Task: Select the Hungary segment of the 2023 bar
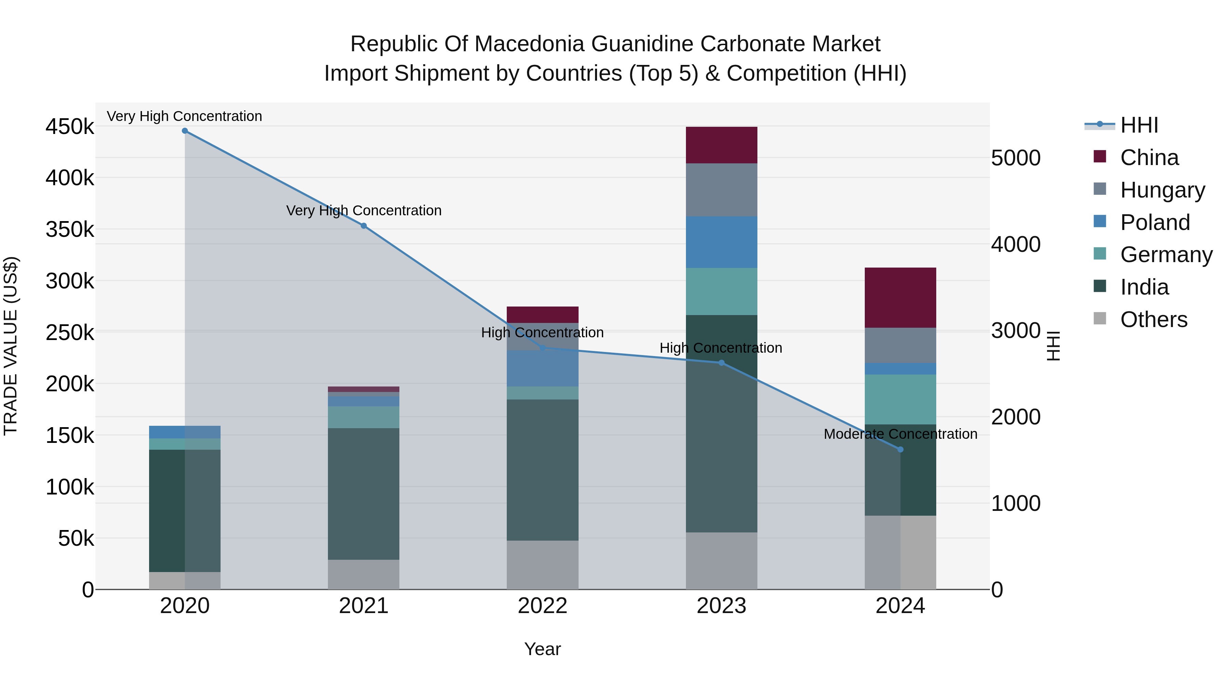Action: pos(721,190)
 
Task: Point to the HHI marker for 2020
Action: pos(185,131)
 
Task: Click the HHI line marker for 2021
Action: pos(364,226)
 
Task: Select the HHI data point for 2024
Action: pos(900,449)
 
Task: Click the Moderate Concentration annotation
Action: pos(900,434)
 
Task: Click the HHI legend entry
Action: pos(1138,125)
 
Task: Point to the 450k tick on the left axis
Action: pos(70,127)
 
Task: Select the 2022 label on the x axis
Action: pos(542,606)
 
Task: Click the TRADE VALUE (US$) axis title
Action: pos(11,346)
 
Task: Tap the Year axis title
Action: pos(542,649)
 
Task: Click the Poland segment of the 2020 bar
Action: pos(185,432)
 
